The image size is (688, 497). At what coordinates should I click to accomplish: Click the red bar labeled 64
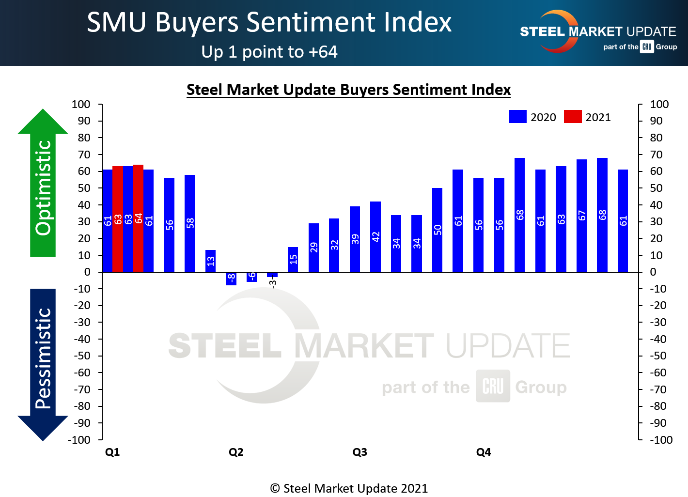(x=138, y=218)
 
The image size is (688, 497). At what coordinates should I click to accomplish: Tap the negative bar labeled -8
(x=231, y=279)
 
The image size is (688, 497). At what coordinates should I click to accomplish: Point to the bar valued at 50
(x=437, y=230)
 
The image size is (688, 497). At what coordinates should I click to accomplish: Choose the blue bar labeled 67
(x=581, y=215)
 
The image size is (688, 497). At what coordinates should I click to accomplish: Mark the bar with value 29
(x=313, y=247)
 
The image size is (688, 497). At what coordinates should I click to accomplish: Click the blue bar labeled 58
(x=190, y=223)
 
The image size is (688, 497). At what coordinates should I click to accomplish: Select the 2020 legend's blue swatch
(x=517, y=117)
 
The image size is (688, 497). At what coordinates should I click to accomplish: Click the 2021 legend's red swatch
(x=573, y=117)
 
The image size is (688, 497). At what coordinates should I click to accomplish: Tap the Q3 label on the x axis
(x=360, y=452)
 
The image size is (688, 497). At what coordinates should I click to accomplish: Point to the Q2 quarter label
(x=236, y=452)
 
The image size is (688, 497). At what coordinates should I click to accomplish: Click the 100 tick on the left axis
(x=81, y=104)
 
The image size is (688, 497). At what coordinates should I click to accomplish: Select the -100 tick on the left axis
(x=79, y=440)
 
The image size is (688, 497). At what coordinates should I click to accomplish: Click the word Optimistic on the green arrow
(x=43, y=187)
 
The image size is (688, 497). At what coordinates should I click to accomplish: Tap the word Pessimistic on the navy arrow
(x=43, y=358)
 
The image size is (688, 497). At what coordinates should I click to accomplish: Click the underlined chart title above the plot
(x=348, y=90)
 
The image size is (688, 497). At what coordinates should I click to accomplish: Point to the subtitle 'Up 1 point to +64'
(x=269, y=52)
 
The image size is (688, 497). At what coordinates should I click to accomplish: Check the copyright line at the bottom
(x=349, y=488)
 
